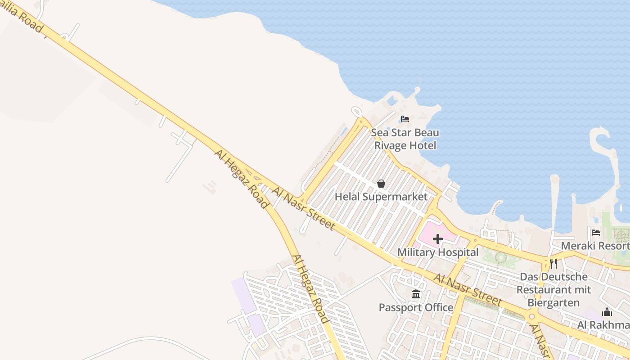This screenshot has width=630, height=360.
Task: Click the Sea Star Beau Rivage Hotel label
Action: pyautogui.click(x=405, y=139)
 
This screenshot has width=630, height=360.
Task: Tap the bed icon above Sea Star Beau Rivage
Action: pyautogui.click(x=405, y=119)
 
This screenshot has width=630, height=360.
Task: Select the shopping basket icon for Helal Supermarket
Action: pyautogui.click(x=381, y=184)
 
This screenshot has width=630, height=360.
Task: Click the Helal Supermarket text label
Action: pyautogui.click(x=381, y=197)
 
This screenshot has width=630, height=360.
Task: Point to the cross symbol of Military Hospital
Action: pyautogui.click(x=437, y=239)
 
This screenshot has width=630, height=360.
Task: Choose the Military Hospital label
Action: pyautogui.click(x=438, y=252)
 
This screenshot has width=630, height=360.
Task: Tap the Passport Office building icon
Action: pyautogui.click(x=416, y=294)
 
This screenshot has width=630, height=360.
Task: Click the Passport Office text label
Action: pyautogui.click(x=416, y=308)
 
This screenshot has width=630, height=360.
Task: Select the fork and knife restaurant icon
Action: pyautogui.click(x=553, y=263)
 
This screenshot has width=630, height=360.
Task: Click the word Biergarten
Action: pyautogui.click(x=553, y=302)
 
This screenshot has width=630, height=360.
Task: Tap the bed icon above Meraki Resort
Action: pyautogui.click(x=596, y=232)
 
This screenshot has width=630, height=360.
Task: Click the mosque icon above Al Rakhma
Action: pyautogui.click(x=607, y=312)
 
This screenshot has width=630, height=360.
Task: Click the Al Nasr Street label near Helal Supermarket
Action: pyautogui.click(x=303, y=208)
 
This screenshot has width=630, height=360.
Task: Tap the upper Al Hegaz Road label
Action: pyautogui.click(x=241, y=179)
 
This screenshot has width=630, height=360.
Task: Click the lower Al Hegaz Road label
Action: pyautogui.click(x=310, y=289)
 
